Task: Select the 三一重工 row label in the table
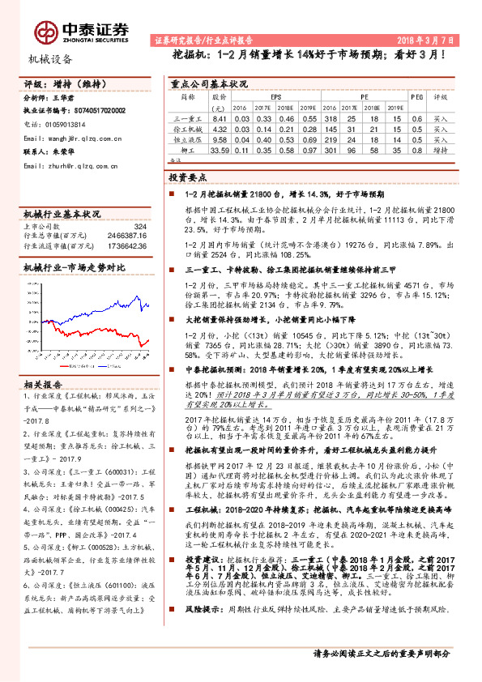click(188, 118)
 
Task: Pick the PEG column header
click(416, 96)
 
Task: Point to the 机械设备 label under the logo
click(50, 59)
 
